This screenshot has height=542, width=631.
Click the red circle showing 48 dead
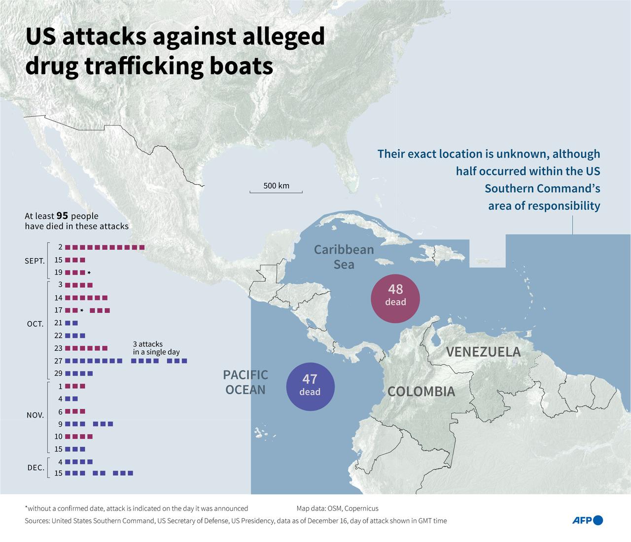tap(395, 298)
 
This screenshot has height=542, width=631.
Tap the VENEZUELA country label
tap(483, 352)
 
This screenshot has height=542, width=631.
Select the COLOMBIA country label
tap(421, 392)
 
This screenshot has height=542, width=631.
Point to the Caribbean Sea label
tap(344, 257)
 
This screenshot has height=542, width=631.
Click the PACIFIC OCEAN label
tap(245, 382)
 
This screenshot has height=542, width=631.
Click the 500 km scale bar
tap(276, 191)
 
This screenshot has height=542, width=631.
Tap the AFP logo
tap(587, 520)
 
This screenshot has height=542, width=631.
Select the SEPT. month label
tap(35, 261)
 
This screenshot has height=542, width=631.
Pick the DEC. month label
tap(36, 468)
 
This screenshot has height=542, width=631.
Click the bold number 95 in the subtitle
tap(62, 216)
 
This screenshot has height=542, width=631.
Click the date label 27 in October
tap(58, 361)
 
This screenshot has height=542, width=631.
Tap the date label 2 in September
tap(60, 247)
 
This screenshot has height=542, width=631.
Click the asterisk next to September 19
tap(89, 272)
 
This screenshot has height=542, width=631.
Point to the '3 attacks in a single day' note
tap(156, 348)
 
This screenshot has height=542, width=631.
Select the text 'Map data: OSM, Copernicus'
tap(337, 508)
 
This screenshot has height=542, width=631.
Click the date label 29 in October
tap(58, 373)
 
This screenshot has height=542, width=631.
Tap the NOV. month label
tap(35, 415)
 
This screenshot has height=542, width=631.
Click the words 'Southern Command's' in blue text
tap(542, 188)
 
